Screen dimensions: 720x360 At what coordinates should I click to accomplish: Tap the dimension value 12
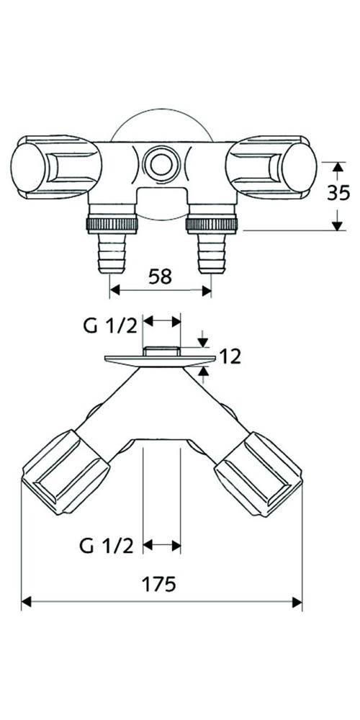pyautogui.click(x=231, y=356)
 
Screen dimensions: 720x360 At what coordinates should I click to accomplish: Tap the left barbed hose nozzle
pyautogui.click(x=112, y=252)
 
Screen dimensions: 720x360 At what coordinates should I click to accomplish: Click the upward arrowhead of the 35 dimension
pyautogui.click(x=336, y=166)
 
